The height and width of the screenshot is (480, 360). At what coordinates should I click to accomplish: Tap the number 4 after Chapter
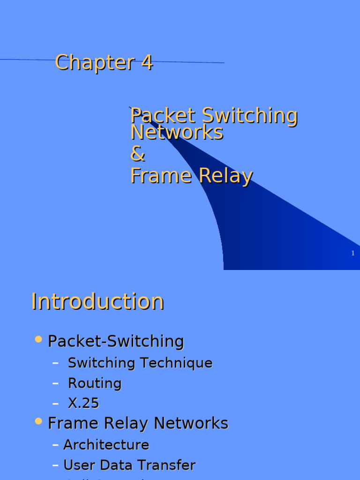pyautogui.click(x=147, y=62)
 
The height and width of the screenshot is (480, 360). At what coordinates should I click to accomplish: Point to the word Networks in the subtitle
pyautogui.click(x=177, y=133)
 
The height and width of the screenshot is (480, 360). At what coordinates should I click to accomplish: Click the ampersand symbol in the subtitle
pyautogui.click(x=138, y=154)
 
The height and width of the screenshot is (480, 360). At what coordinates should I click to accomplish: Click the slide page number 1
pyautogui.click(x=353, y=253)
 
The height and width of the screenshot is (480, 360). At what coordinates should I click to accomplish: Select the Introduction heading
pyautogui.click(x=97, y=301)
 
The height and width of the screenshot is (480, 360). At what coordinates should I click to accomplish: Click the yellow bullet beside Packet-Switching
pyautogui.click(x=39, y=339)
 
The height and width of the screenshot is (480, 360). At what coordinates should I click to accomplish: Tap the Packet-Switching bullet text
pyautogui.click(x=116, y=341)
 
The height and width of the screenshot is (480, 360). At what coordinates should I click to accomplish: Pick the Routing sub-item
pyautogui.click(x=95, y=383)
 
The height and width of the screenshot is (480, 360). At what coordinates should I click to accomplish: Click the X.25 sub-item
pyautogui.click(x=83, y=404)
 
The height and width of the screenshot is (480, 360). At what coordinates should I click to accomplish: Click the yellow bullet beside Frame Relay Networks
pyautogui.click(x=39, y=421)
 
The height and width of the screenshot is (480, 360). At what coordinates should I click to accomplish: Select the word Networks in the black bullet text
pyautogui.click(x=191, y=423)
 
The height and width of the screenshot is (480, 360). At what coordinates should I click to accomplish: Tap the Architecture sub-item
pyautogui.click(x=106, y=445)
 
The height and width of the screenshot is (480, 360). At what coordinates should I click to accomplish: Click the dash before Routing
pyautogui.click(x=56, y=383)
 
